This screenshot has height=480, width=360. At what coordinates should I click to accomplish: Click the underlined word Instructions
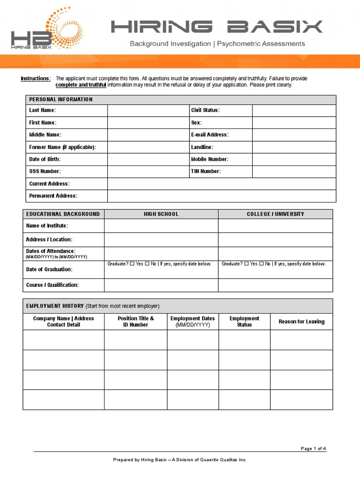(35, 78)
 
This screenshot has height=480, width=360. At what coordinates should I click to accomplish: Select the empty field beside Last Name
(147, 111)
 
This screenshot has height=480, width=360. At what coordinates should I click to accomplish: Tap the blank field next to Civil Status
(294, 111)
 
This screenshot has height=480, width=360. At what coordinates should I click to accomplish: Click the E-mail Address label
(210, 135)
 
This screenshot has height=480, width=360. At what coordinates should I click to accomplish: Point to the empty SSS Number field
(147, 172)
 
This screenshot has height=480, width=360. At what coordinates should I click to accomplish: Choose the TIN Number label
(205, 172)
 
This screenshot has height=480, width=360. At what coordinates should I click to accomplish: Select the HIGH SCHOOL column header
(161, 214)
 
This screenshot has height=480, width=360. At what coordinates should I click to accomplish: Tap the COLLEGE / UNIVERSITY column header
(275, 214)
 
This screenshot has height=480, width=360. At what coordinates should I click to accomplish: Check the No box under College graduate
(262, 264)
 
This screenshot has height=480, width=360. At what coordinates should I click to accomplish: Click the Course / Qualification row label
(52, 285)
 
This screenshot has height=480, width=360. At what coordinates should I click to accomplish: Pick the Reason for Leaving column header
(301, 322)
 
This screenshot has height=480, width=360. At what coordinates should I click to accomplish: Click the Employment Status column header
(244, 322)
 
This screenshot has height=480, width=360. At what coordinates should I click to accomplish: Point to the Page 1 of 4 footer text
(313, 449)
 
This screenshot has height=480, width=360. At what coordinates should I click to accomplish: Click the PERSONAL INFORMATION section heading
(61, 99)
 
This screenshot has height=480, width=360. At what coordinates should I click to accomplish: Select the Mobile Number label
(210, 159)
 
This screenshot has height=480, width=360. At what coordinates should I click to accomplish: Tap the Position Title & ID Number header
(135, 322)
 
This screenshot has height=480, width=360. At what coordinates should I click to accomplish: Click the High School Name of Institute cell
(161, 226)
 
